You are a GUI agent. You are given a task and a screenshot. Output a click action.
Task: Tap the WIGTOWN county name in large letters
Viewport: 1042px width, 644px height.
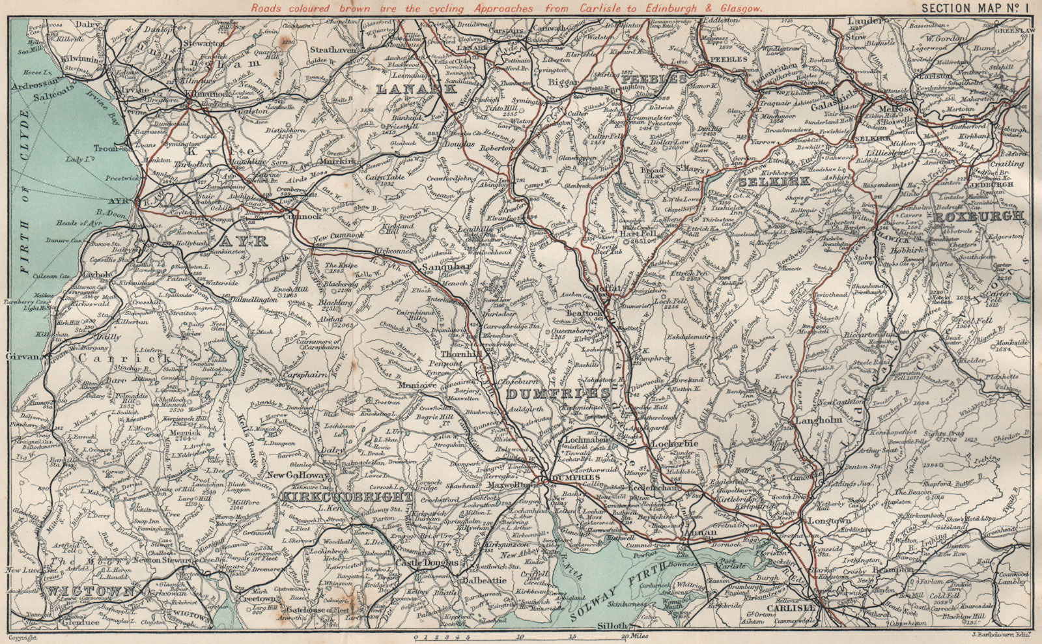(91, 591)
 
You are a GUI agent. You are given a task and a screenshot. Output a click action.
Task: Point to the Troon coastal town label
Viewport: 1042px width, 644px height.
(106, 148)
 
